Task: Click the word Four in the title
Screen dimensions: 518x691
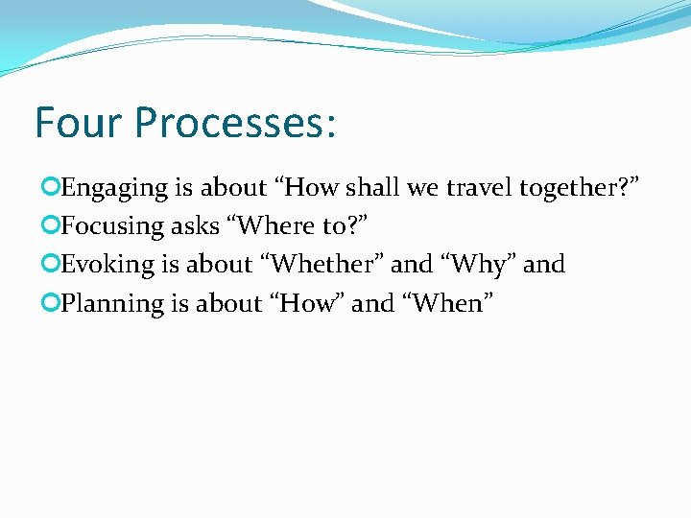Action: coord(79,124)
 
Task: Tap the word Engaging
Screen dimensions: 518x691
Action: coord(114,188)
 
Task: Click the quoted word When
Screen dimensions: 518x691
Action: coord(450,302)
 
